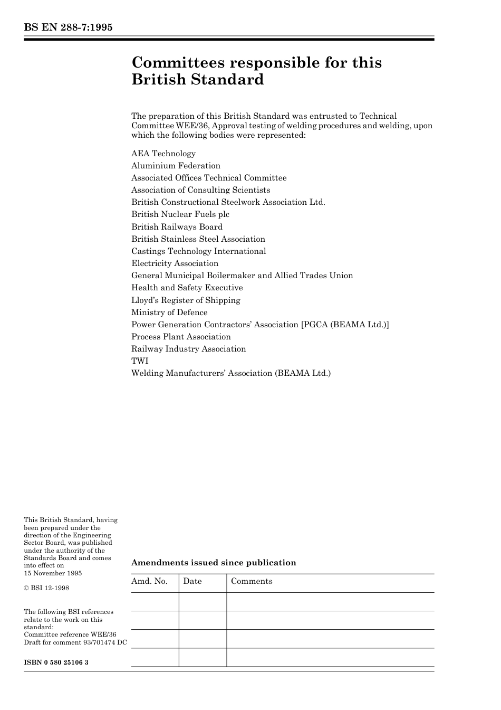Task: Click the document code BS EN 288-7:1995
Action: [68, 27]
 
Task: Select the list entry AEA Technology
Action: [163, 154]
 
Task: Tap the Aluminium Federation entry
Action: [176, 166]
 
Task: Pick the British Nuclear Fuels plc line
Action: [180, 214]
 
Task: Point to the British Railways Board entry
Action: [177, 227]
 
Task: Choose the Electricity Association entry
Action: [175, 263]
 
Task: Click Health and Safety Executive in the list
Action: [187, 288]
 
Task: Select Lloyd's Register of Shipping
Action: [186, 300]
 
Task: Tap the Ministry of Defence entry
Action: [169, 313]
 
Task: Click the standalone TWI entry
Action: [140, 361]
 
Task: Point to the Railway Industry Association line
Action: [188, 349]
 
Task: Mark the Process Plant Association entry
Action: [181, 337]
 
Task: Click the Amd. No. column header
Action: [149, 581]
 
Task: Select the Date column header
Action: [192, 581]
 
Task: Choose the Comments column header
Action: [252, 581]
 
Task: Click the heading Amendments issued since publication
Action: [214, 563]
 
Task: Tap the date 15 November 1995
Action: [53, 573]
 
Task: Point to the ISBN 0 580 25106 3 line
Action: [56, 662]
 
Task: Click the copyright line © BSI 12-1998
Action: [46, 588]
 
